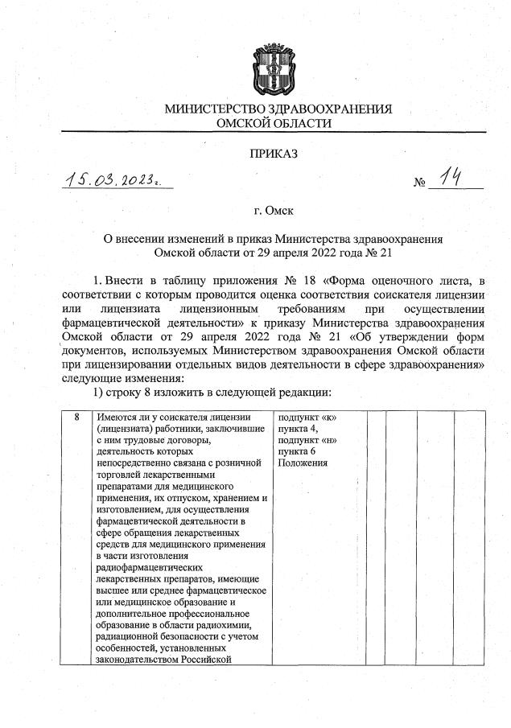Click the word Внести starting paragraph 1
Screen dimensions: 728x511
[127, 279]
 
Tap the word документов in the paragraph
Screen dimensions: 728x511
[97, 352]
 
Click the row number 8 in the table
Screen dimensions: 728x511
[77, 417]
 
